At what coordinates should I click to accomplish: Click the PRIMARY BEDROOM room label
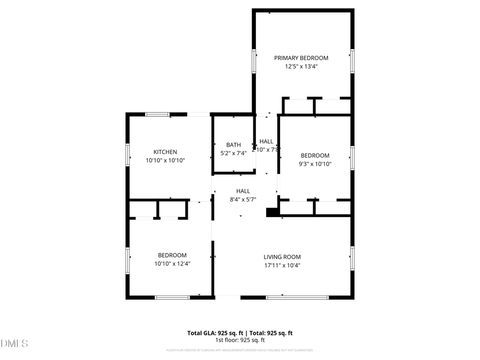coord(301,58)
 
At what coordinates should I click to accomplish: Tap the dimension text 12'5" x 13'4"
coord(301,67)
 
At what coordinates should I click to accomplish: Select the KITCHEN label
coord(165,152)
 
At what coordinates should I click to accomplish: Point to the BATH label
coord(234,145)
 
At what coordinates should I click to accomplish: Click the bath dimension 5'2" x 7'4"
coord(234,153)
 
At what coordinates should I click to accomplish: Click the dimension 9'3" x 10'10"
coord(315,164)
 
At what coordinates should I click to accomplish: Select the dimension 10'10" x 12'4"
coord(172,263)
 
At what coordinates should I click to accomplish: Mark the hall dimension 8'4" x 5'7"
coord(243,199)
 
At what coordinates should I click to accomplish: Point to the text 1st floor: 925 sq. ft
coord(240,340)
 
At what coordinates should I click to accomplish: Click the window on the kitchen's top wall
coord(158,114)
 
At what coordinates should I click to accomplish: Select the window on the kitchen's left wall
coord(127,154)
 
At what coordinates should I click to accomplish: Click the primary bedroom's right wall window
coord(351,60)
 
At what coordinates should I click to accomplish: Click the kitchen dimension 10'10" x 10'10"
coord(165,161)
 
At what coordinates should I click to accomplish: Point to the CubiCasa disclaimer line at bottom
coord(240,350)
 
